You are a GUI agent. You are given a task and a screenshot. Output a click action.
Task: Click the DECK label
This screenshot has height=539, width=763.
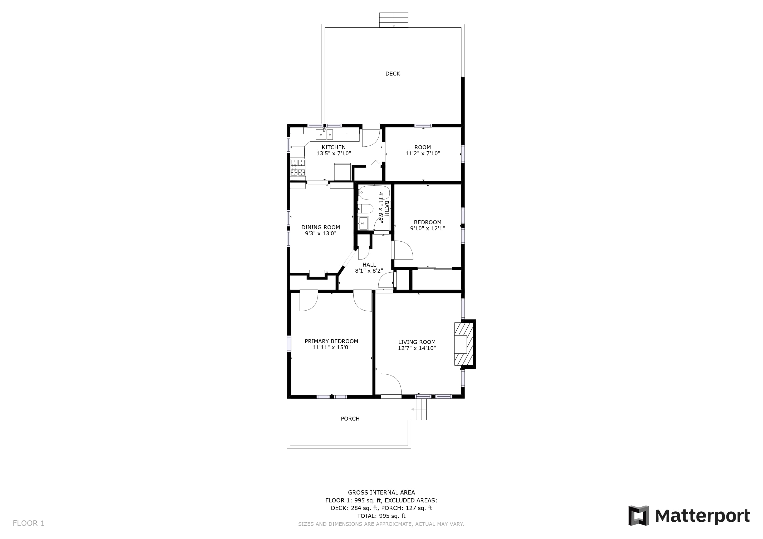(393, 74)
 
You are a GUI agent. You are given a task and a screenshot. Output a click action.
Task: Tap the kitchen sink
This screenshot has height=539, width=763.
(324, 134)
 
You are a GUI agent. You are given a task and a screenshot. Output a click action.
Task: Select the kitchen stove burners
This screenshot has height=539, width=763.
(298, 167)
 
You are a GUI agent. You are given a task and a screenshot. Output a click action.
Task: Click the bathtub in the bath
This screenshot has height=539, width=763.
(374, 193)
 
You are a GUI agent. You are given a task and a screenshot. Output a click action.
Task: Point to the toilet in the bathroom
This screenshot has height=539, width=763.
(365, 209)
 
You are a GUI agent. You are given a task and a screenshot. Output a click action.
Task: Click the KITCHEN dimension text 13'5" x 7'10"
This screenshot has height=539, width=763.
(334, 153)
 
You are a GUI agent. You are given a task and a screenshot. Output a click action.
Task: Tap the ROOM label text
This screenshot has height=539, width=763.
(423, 147)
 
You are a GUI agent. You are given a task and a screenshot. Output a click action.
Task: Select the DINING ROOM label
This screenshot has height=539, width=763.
(321, 227)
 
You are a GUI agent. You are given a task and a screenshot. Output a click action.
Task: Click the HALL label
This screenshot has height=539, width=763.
(369, 265)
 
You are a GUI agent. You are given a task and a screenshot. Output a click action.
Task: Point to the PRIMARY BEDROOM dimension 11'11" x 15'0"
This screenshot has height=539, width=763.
(332, 347)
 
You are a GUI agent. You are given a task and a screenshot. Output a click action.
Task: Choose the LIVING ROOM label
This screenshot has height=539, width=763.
(417, 342)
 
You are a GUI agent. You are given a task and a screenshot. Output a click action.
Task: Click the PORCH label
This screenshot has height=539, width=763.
(350, 419)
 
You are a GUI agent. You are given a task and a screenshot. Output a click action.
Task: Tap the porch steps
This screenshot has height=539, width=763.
(419, 409)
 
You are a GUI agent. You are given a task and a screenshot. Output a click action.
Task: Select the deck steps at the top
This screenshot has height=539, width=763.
(394, 20)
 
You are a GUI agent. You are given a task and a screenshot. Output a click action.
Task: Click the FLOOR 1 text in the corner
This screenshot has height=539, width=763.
(28, 523)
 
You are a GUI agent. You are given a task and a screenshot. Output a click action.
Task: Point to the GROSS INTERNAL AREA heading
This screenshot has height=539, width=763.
(381, 492)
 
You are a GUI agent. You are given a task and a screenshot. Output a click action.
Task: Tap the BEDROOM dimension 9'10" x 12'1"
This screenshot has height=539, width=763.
(427, 228)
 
